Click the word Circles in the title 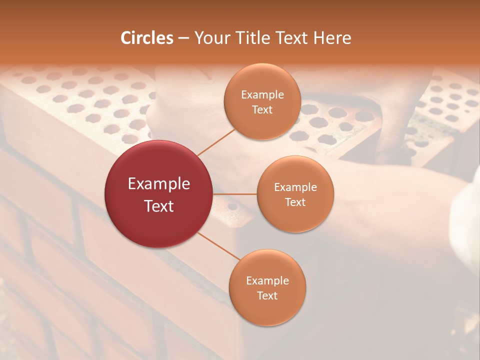pos(147,38)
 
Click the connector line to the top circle pos(216,142)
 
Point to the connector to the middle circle pos(234,194)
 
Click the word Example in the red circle pos(158,184)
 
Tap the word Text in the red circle pos(158,206)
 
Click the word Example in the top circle pos(262,95)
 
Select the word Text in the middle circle pos(295,202)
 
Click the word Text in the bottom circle pos(267,295)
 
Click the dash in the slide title pos(183,38)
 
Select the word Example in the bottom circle pos(267,280)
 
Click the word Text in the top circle pos(262,109)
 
